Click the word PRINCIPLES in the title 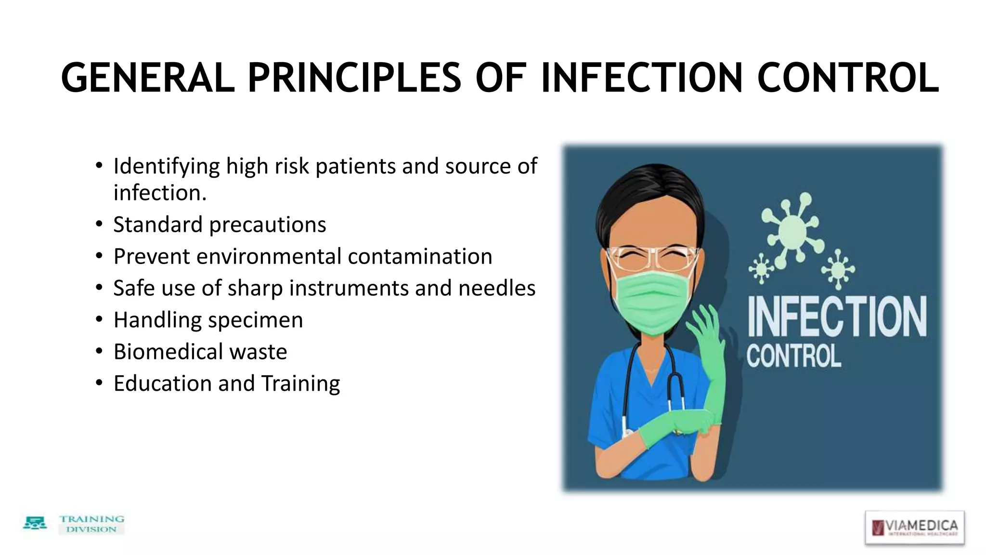[x=354, y=78]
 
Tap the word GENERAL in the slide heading [x=148, y=78]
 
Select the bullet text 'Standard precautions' [x=220, y=225]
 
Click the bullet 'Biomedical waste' [x=200, y=352]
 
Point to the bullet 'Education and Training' [x=227, y=383]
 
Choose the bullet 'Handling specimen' [x=208, y=320]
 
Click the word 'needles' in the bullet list [x=497, y=288]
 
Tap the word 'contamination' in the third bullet [x=420, y=256]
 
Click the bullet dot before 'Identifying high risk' [x=99, y=166]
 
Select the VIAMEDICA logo [x=914, y=527]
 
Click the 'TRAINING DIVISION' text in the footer [x=91, y=524]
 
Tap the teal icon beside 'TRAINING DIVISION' [x=35, y=523]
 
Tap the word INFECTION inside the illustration [x=837, y=317]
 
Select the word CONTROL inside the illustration [x=793, y=357]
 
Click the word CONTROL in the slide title [x=848, y=78]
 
